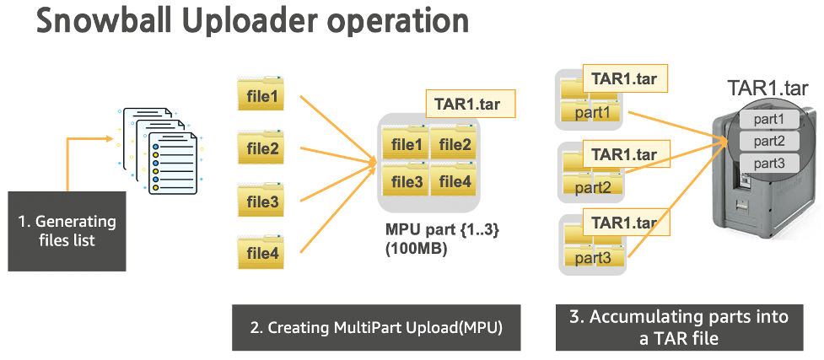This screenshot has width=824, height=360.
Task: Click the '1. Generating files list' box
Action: point(67,231)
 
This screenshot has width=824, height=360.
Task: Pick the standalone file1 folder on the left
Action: point(262,98)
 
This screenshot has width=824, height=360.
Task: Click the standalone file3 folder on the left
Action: point(262,202)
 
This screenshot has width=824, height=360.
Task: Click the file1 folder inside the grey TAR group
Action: point(405,143)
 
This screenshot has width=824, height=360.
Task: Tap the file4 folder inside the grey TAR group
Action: point(454,180)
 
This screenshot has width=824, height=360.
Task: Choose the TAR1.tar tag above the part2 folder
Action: point(624,154)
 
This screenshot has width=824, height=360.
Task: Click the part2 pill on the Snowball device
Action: point(769,141)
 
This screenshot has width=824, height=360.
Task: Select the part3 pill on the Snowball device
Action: point(769,162)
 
